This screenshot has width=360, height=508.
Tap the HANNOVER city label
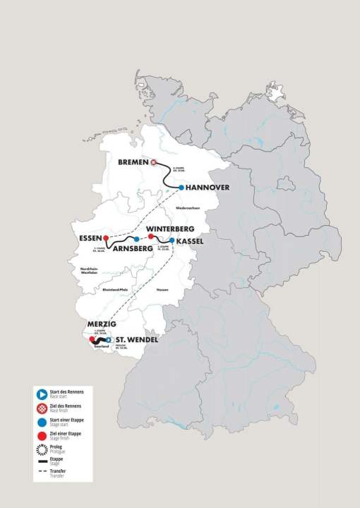click(x=209, y=188)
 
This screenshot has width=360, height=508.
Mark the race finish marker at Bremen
click(x=153, y=162)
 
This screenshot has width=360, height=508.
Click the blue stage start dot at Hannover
click(x=181, y=188)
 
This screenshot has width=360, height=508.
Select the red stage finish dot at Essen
click(x=105, y=238)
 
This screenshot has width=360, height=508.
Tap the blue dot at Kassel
click(x=172, y=241)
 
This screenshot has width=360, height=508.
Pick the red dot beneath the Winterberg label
click(x=150, y=237)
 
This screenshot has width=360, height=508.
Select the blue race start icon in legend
click(x=42, y=394)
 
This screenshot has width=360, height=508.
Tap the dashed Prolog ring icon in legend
click(x=42, y=447)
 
